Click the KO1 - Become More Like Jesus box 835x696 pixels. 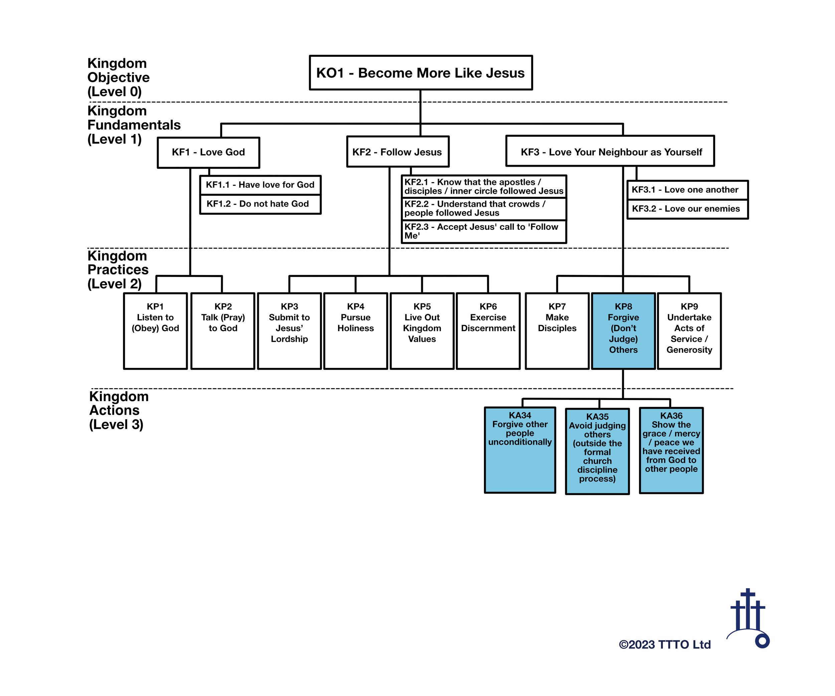click(x=421, y=73)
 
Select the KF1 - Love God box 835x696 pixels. click(x=208, y=152)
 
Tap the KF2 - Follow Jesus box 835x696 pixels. click(x=397, y=152)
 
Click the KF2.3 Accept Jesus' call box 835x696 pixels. click(x=484, y=232)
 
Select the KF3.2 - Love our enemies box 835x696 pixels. click(x=687, y=209)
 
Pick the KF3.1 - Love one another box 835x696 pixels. click(x=687, y=190)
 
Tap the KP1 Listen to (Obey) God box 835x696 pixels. click(x=155, y=331)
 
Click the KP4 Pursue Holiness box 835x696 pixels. click(x=355, y=331)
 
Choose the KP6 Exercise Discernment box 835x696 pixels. click(x=488, y=331)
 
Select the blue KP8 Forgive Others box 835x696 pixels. click(x=623, y=331)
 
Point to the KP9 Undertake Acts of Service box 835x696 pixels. click(x=689, y=331)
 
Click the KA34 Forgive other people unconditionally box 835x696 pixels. click(x=520, y=450)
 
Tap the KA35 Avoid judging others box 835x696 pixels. click(x=597, y=451)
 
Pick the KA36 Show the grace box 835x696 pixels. click(x=671, y=450)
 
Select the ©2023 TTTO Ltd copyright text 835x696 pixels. click(x=664, y=644)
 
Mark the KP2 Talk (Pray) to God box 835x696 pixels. click(x=223, y=331)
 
